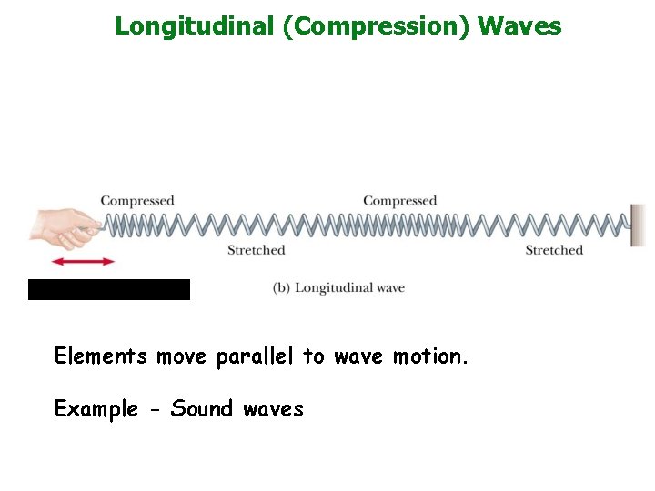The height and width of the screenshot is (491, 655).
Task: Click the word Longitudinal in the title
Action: (x=195, y=25)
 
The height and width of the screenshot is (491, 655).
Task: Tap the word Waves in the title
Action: (x=519, y=25)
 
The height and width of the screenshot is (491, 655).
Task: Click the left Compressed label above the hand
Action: (x=137, y=201)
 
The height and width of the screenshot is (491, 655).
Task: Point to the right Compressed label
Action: (x=400, y=201)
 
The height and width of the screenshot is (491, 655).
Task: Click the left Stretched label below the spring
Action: (x=257, y=250)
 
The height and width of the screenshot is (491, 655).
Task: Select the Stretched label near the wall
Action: (x=554, y=250)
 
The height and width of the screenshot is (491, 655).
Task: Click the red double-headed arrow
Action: (x=83, y=262)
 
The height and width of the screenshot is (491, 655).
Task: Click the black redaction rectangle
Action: (x=109, y=289)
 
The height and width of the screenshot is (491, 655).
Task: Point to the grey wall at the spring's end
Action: (x=638, y=225)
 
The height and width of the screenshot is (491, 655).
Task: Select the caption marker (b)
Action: (x=281, y=288)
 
